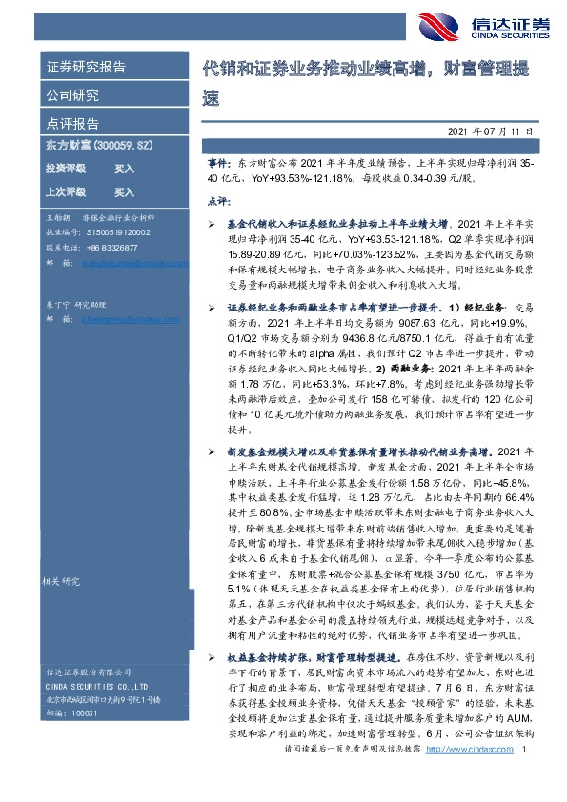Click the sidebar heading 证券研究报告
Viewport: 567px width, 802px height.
[86, 67]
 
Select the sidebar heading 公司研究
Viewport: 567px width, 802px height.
[73, 95]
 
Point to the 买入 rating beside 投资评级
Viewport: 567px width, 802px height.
[124, 169]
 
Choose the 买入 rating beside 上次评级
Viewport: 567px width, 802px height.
[124, 191]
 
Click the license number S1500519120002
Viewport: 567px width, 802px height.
[120, 231]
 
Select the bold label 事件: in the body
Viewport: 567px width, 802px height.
[218, 165]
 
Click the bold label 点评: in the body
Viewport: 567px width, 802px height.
[218, 201]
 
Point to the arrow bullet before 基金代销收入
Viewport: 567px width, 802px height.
[212, 220]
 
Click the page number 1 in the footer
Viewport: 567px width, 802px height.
[525, 777]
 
